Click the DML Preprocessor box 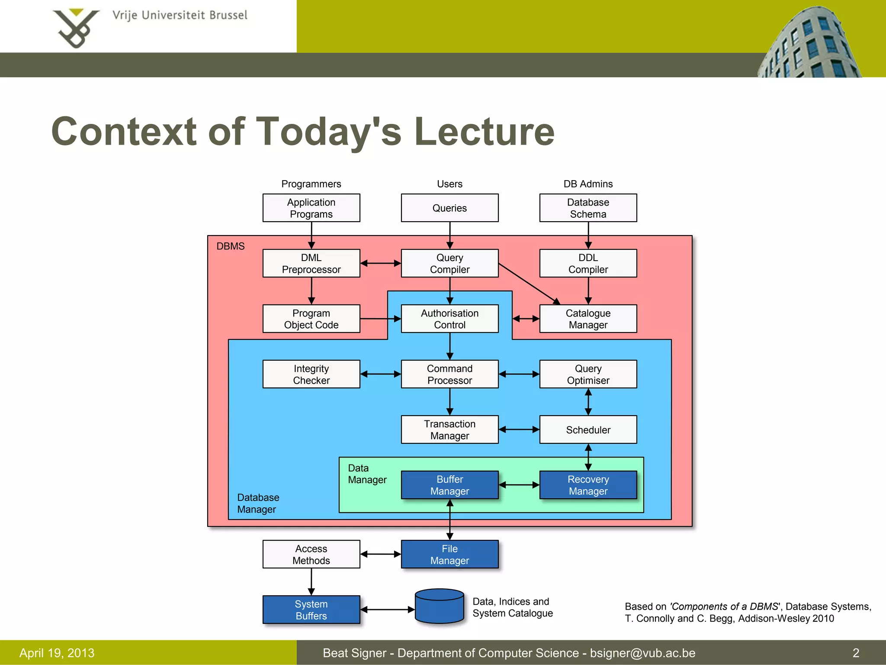pyautogui.click(x=311, y=263)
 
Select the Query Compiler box pyautogui.click(x=449, y=263)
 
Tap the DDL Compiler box pyautogui.click(x=588, y=263)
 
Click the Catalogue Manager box pyautogui.click(x=588, y=319)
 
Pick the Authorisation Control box pyautogui.click(x=449, y=319)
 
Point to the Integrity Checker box pyautogui.click(x=311, y=374)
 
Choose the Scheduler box pyautogui.click(x=588, y=429)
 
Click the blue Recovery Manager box pyautogui.click(x=588, y=485)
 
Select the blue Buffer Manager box pyautogui.click(x=449, y=485)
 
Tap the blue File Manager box pyautogui.click(x=449, y=554)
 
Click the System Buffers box pyautogui.click(x=311, y=610)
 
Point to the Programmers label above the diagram pyautogui.click(x=311, y=184)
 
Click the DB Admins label pyautogui.click(x=588, y=184)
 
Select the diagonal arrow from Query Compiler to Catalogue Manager pyautogui.click(x=529, y=284)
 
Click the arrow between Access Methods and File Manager pyautogui.click(x=380, y=554)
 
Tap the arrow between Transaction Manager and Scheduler pyautogui.click(x=519, y=429)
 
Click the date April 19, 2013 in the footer pyautogui.click(x=57, y=653)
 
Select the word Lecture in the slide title pyautogui.click(x=484, y=132)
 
